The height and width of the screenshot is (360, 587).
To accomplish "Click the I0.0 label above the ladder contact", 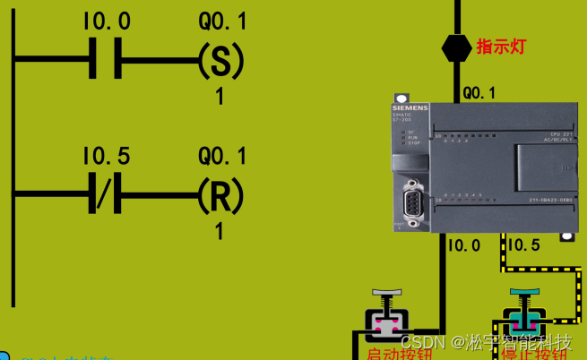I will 106,21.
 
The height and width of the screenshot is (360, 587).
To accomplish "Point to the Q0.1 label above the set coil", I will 222,21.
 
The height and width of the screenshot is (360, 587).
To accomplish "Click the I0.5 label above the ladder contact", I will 106,157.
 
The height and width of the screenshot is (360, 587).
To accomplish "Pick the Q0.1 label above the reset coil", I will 222,157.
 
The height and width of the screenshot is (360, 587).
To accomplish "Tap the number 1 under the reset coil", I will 220,232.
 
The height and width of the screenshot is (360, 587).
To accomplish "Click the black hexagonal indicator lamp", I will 457,47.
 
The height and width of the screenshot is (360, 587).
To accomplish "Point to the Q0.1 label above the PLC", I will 479,92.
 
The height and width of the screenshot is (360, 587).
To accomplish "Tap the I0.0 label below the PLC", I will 464,244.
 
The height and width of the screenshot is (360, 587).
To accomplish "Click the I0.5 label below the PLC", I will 523,244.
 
